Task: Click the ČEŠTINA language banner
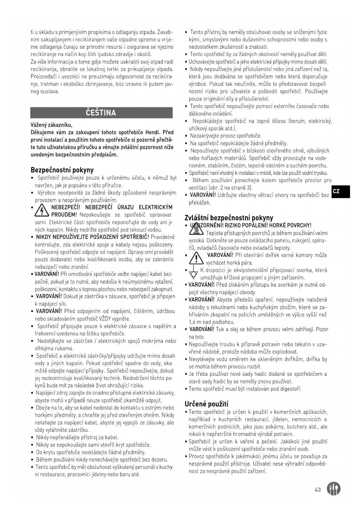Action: click(x=101, y=113)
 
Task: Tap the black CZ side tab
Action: click(x=340, y=191)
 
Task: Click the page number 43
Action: click(x=318, y=490)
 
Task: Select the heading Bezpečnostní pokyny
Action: click(x=62, y=170)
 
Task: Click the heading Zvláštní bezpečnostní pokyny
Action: click(x=229, y=218)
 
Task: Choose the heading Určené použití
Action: click(x=206, y=404)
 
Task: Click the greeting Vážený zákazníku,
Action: click(x=51, y=125)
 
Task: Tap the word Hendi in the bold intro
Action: click(x=153, y=133)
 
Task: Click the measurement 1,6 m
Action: click(x=194, y=322)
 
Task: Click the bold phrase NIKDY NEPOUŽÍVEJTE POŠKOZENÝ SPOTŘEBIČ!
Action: click(x=92, y=237)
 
